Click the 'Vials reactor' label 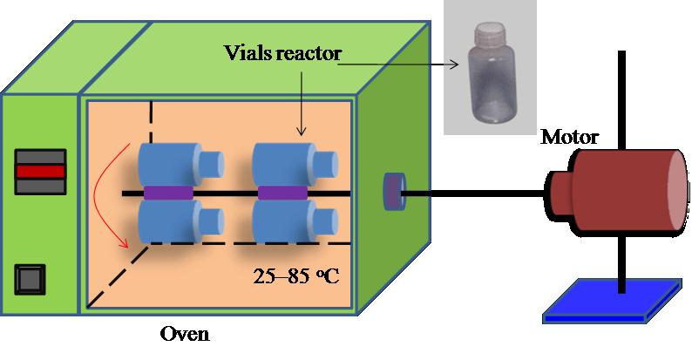point(282,53)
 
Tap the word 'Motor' point(569,137)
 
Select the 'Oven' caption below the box point(185,334)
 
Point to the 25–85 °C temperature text point(296,276)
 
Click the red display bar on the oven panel point(41,171)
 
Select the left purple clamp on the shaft point(168,193)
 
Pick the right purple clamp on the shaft point(282,193)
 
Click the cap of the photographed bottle point(488,31)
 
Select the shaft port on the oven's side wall point(394,192)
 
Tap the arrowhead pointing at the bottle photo point(455,65)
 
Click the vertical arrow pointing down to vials point(302,103)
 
